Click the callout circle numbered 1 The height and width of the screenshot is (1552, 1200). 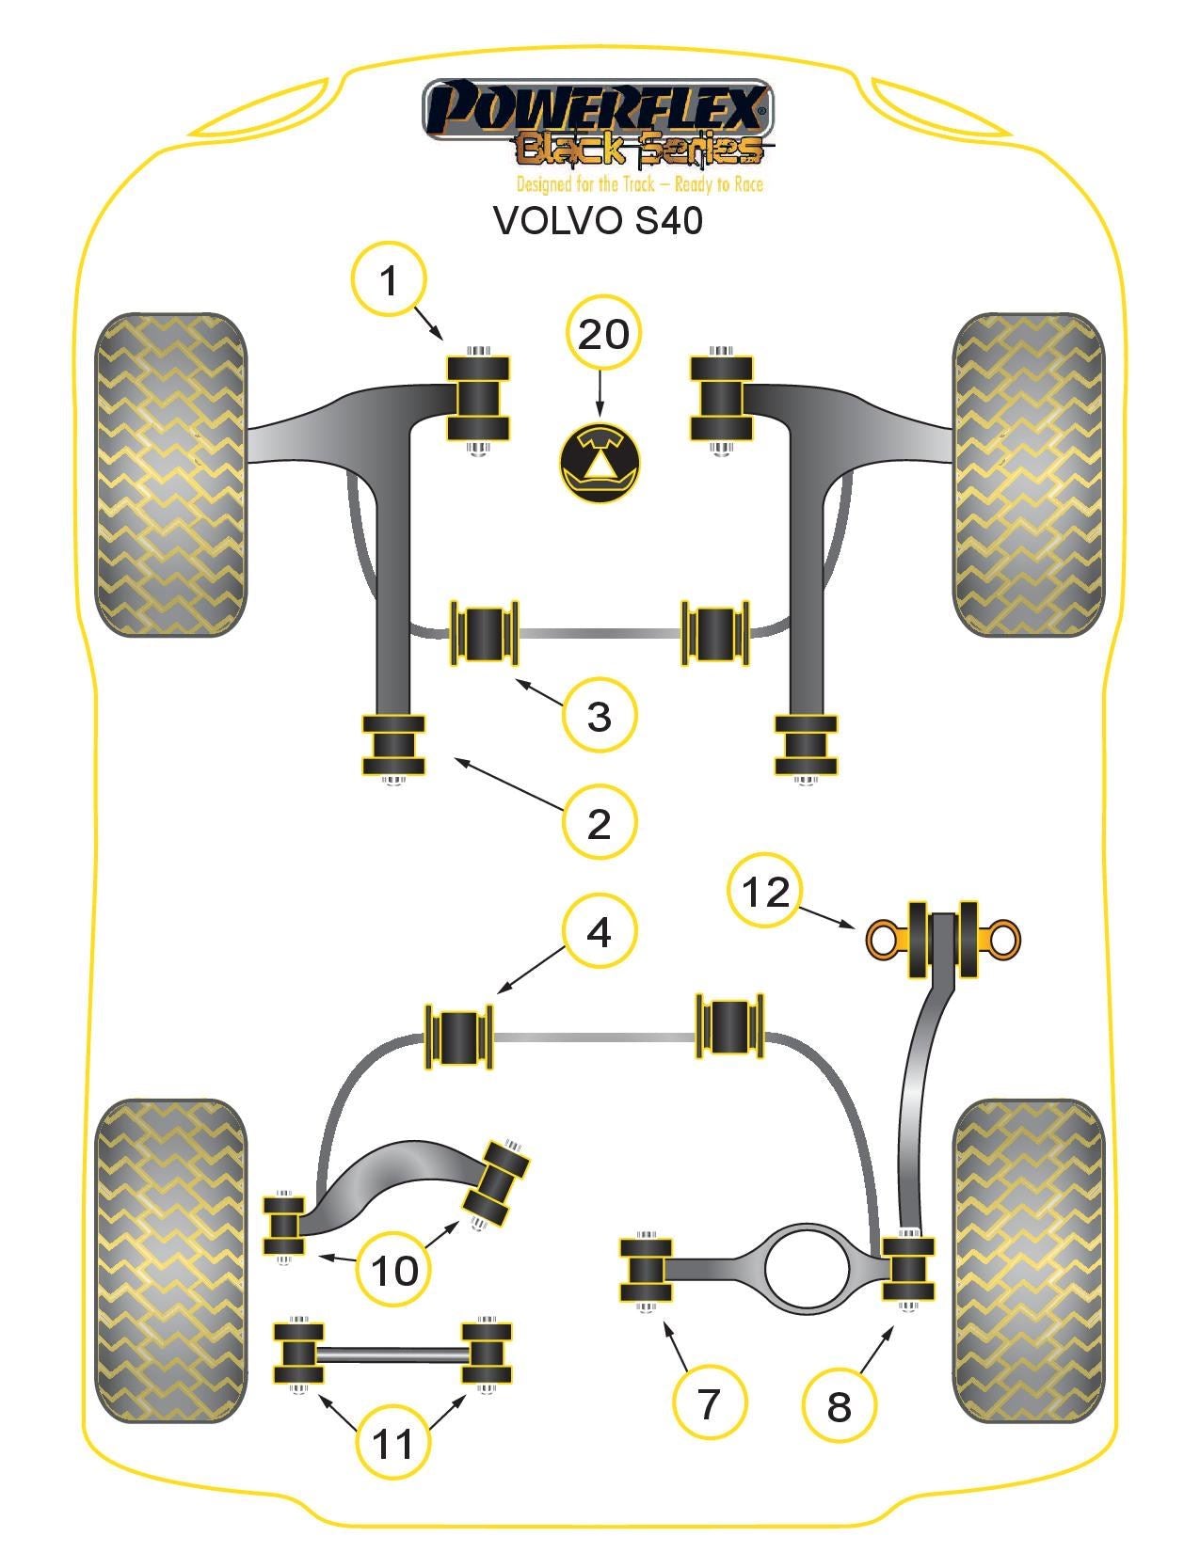(x=389, y=280)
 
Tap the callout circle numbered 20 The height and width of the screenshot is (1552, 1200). (x=603, y=334)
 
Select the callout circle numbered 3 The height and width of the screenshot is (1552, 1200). (x=600, y=716)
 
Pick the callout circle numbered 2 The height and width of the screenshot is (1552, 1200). (x=600, y=823)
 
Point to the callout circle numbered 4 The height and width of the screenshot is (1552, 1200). (x=600, y=931)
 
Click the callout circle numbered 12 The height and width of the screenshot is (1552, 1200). (x=764, y=891)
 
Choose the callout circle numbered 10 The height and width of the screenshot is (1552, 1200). (x=394, y=1271)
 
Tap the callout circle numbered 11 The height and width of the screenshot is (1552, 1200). (x=393, y=1442)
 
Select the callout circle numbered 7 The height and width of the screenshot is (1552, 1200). (x=709, y=1402)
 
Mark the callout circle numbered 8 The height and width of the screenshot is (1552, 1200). (x=839, y=1406)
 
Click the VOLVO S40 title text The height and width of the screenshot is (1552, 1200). (x=599, y=220)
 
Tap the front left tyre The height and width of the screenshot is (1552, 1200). (x=170, y=475)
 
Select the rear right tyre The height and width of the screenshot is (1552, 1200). (x=1028, y=1260)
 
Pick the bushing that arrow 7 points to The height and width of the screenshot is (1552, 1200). (x=646, y=1272)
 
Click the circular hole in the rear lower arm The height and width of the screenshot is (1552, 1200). (x=807, y=1268)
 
